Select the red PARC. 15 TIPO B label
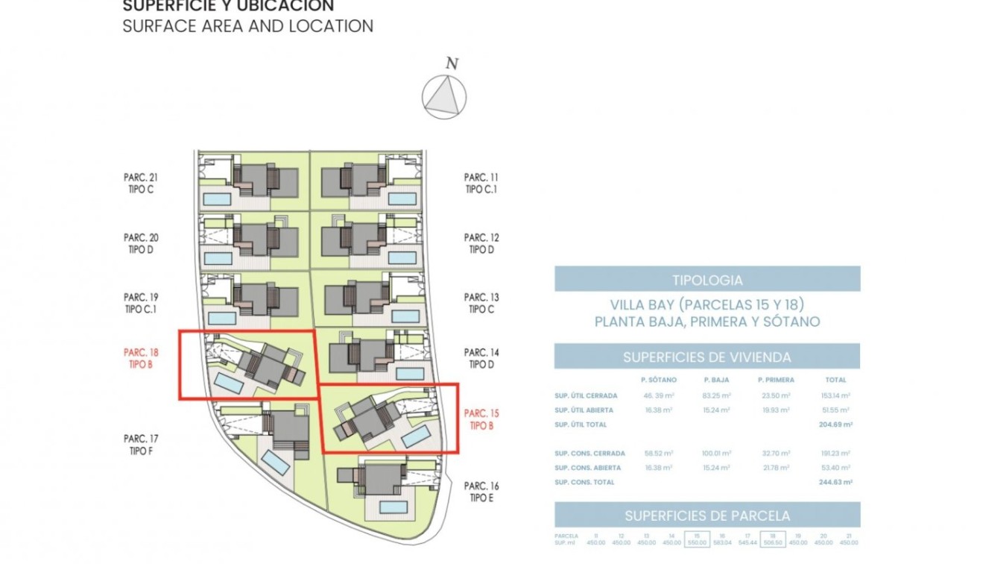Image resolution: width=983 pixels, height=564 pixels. tap(481, 419)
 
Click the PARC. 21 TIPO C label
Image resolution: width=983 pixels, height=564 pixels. tap(141, 184)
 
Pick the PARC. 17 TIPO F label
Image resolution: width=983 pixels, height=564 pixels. tap(141, 445)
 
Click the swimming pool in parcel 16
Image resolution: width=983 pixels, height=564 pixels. tap(393, 507)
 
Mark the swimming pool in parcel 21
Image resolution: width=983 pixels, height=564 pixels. tap(218, 198)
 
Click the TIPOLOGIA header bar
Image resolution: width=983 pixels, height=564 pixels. tap(707, 280)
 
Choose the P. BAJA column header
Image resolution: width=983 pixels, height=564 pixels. tap(716, 380)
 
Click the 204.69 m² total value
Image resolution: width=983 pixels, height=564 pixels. tap(835, 424)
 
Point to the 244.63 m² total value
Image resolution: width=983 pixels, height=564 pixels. tap(835, 482)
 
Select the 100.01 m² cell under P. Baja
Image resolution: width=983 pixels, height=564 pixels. tap(716, 454)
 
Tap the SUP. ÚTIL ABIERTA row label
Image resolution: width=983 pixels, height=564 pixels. tap(584, 410)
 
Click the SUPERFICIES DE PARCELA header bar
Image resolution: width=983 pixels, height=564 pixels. tap(707, 516)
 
